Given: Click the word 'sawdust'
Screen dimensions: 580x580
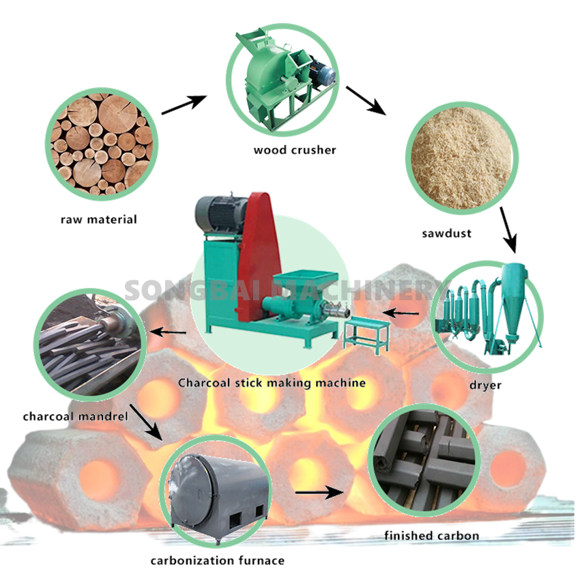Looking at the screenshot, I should (x=446, y=233).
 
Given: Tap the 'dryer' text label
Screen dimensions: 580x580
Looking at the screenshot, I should (x=485, y=385).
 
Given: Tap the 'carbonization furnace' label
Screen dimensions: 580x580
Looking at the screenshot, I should (x=217, y=561).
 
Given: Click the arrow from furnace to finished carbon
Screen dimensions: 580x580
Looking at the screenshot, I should (x=318, y=491).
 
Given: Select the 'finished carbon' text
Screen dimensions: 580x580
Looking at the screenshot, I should (x=431, y=536).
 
